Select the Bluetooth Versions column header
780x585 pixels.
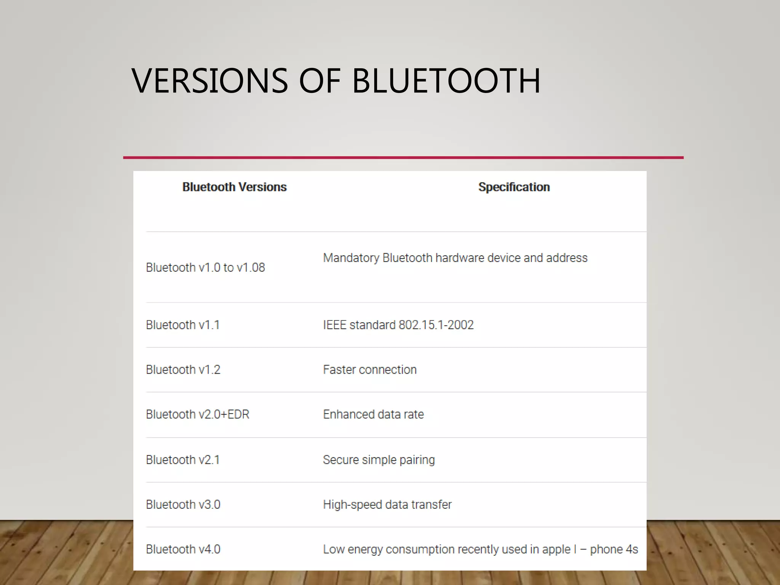[x=234, y=187]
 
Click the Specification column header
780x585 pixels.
[x=514, y=187]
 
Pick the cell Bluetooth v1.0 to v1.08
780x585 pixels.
[x=205, y=267]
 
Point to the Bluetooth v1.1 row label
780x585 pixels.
[x=183, y=325]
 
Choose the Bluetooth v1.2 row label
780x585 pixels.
[x=183, y=369]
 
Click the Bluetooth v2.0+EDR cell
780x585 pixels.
[x=198, y=414]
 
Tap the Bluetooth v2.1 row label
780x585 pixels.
[x=183, y=460]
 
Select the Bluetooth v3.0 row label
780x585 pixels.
[x=183, y=505]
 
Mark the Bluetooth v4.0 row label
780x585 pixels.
[x=183, y=549]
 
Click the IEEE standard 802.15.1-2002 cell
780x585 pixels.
[x=398, y=325]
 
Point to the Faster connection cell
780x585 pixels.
[x=370, y=369]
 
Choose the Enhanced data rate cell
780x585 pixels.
[x=373, y=414]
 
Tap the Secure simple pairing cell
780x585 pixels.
[x=379, y=460]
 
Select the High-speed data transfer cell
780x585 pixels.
[x=387, y=505]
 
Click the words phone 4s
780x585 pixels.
[x=614, y=549]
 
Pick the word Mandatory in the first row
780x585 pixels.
[x=351, y=258]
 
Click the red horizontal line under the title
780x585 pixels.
[x=403, y=157]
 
